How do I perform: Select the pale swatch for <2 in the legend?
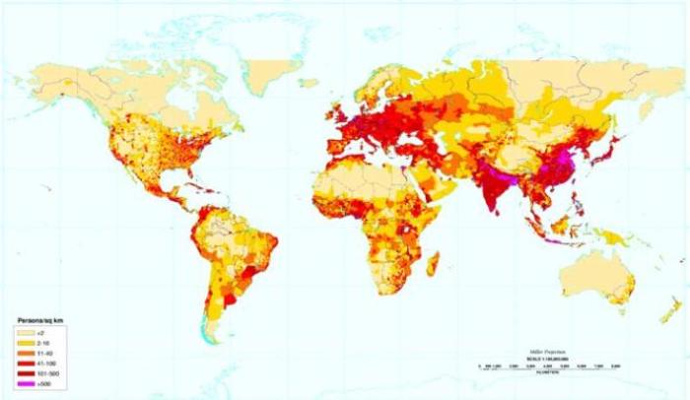(22, 333)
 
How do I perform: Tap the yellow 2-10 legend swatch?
(22, 341)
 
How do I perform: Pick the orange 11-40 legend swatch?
(22, 350)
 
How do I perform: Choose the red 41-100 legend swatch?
(22, 359)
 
